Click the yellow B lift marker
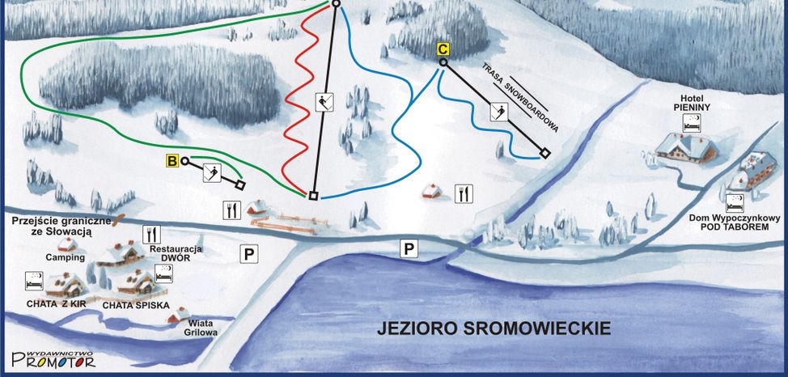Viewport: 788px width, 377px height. [172, 161]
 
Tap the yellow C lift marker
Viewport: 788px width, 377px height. [443, 49]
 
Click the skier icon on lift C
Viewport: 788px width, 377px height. [500, 112]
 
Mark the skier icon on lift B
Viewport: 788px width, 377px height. [214, 172]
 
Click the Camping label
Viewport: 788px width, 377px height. [65, 256]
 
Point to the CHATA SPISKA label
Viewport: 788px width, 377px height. [135, 305]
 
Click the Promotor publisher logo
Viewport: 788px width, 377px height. [53, 358]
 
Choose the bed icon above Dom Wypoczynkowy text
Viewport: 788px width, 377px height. [735, 202]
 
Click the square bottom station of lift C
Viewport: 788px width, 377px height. [545, 153]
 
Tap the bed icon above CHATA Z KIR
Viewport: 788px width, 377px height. [34, 282]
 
